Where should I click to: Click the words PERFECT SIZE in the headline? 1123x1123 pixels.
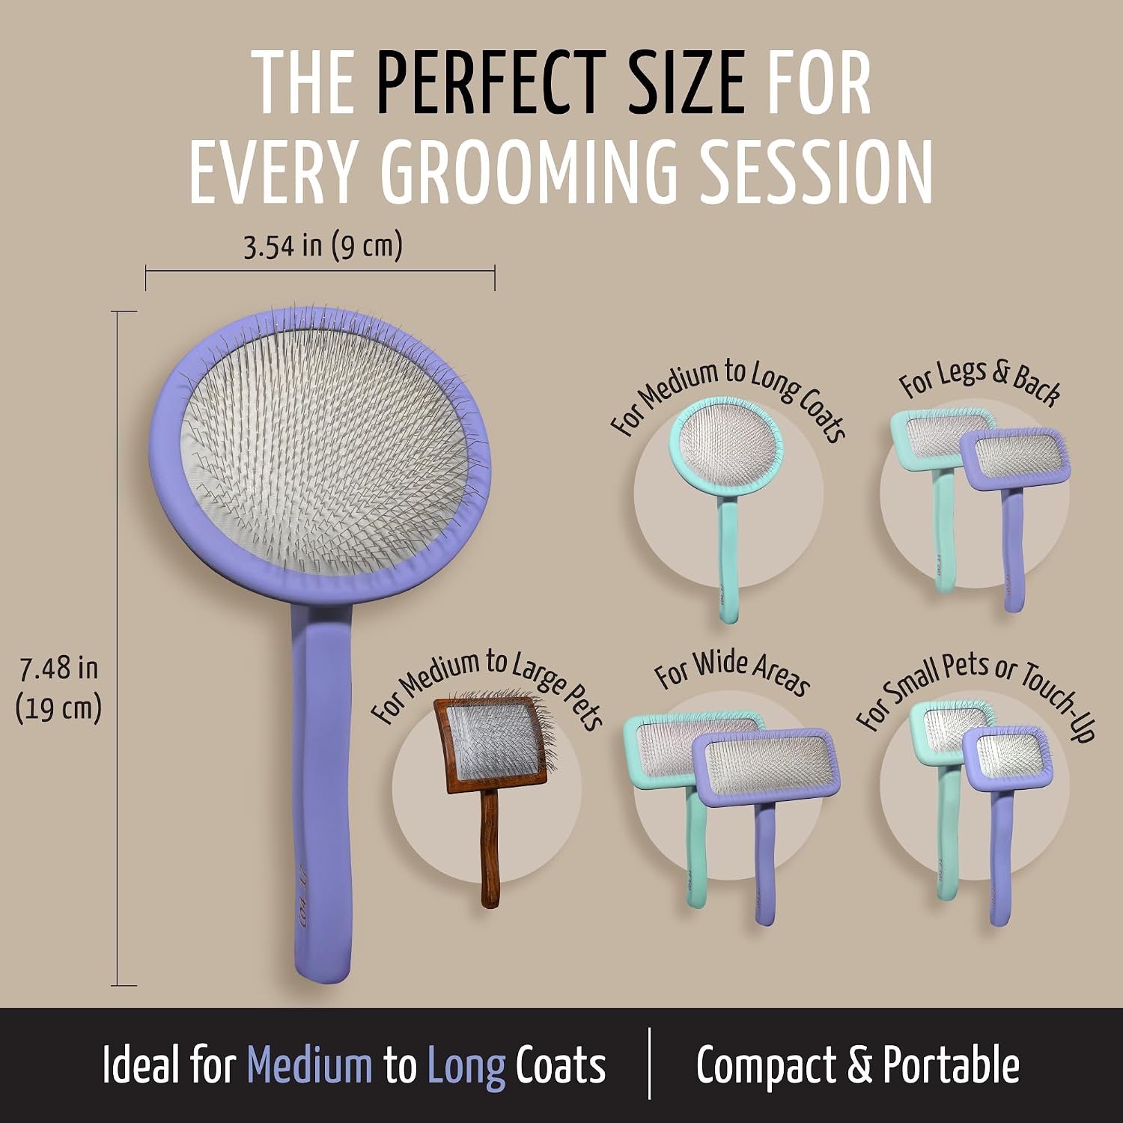(560, 83)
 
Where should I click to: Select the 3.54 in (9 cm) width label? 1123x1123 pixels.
(323, 246)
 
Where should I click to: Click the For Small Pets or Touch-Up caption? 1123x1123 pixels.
(976, 695)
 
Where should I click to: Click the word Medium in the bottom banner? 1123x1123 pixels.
(309, 1065)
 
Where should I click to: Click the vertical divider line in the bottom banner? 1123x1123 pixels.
(649, 1063)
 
